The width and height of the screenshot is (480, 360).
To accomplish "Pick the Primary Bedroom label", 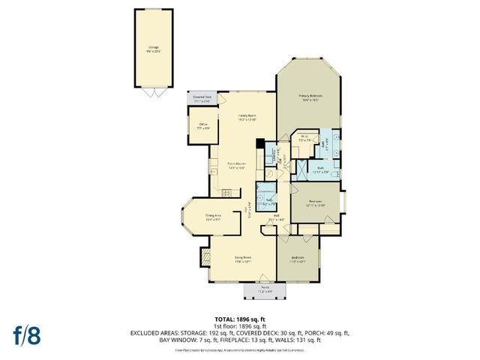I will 310,97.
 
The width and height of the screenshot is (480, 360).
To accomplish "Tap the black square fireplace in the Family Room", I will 259,143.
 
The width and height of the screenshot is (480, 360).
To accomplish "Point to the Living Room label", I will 241,259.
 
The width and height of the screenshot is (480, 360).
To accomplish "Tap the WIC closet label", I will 304,137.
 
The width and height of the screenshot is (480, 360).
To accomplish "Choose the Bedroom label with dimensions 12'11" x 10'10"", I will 316,202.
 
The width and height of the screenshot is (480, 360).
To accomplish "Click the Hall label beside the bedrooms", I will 275,218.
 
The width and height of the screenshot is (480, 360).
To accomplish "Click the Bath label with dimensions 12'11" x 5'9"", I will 319,169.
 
